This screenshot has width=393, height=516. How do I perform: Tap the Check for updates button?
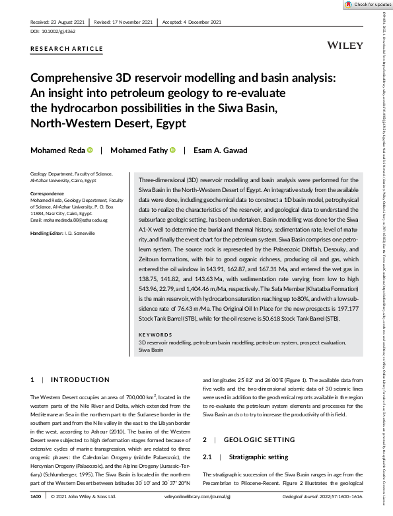pos(366,5)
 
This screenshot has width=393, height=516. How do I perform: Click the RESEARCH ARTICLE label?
pos(67,49)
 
